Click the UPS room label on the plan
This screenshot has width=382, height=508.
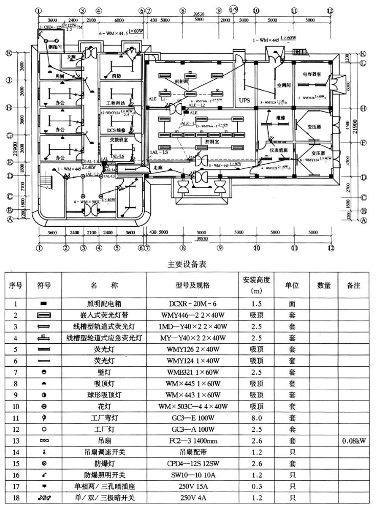(x=245, y=101)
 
